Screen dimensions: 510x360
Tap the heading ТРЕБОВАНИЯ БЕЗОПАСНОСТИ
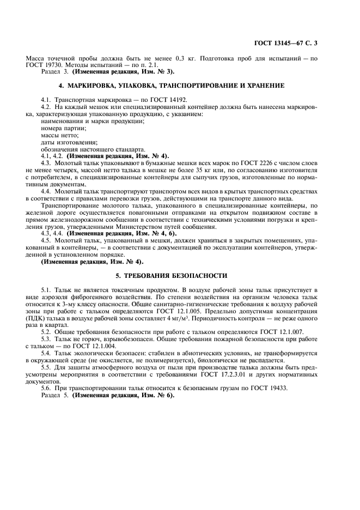179,276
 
